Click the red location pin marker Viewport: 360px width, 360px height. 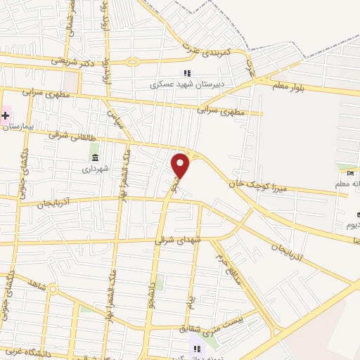point(181,166)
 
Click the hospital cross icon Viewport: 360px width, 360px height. point(5,115)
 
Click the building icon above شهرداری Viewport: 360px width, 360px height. point(95,156)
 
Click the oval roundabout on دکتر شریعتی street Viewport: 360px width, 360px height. point(132,62)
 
